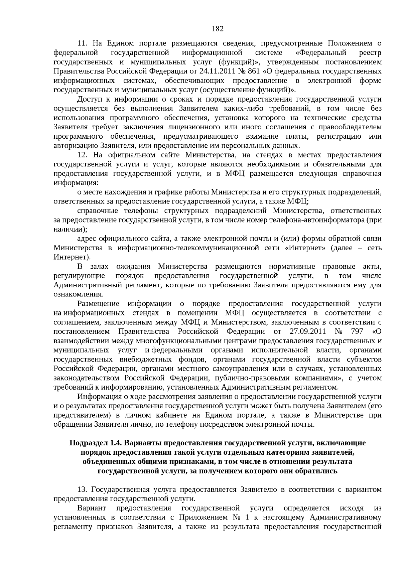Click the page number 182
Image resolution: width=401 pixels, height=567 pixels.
coord(218,28)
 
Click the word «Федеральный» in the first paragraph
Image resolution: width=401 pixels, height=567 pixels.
coord(321,53)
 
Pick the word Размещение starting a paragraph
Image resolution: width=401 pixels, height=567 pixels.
coord(98,304)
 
